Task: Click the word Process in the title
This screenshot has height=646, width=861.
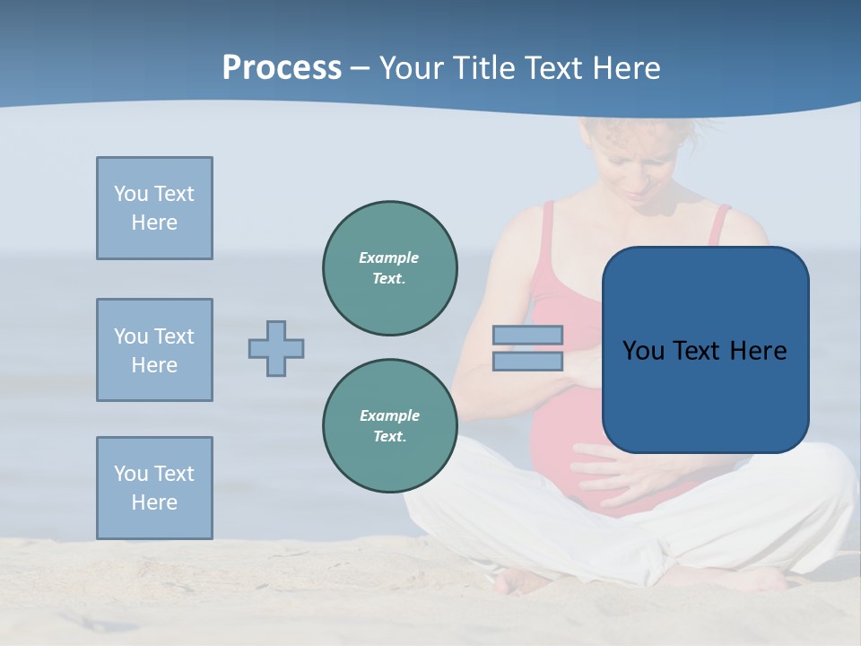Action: (x=282, y=68)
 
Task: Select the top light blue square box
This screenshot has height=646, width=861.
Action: (x=154, y=208)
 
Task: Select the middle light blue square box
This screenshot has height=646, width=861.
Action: (x=154, y=350)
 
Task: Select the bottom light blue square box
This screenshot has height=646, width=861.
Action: (x=154, y=488)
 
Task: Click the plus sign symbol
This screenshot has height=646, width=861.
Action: (x=276, y=348)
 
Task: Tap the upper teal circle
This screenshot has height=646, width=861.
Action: (x=389, y=268)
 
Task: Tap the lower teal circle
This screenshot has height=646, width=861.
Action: (x=389, y=426)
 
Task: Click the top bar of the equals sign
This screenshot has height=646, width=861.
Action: (x=527, y=336)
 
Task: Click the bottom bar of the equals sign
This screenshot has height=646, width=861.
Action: (x=527, y=361)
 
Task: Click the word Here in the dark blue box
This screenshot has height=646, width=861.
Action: (x=759, y=351)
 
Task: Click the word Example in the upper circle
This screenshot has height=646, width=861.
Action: (x=389, y=258)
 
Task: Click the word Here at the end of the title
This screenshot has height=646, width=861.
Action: (x=627, y=68)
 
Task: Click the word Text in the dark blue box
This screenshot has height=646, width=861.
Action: (x=699, y=351)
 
